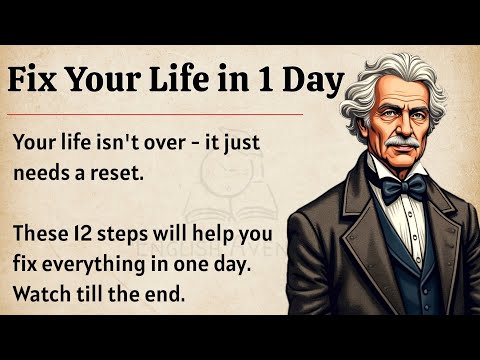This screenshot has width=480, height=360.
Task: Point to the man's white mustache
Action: pyautogui.click(x=400, y=145)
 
